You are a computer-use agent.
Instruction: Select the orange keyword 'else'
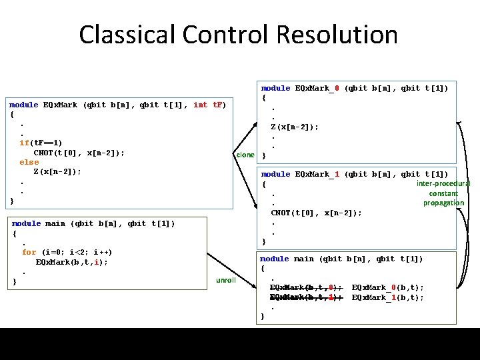pos(29,162)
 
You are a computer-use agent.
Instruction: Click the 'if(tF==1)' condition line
pos(41,143)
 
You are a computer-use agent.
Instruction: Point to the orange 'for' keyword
pos(29,253)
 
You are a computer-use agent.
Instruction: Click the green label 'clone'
pos(245,155)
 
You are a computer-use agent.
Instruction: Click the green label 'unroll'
pos(226,280)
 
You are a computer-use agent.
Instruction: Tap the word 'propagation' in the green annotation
pos(443,203)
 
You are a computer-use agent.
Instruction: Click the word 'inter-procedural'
pos(443,183)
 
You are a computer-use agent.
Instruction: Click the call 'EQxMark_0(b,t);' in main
pos(387,288)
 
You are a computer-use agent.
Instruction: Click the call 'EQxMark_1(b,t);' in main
pos(387,298)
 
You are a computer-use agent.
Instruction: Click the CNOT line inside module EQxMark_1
pos(316,213)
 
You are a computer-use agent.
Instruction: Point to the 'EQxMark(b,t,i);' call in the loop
pos(71,262)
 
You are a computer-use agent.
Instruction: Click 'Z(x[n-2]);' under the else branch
pos(57,171)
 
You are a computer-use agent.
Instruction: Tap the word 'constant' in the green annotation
pos(443,193)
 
